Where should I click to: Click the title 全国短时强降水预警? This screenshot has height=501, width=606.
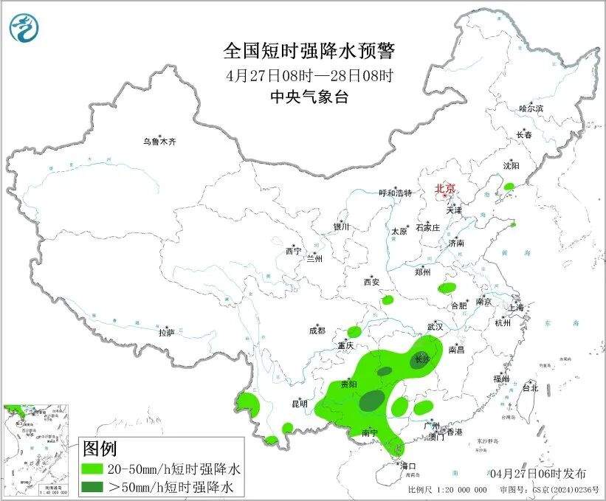click(309, 51)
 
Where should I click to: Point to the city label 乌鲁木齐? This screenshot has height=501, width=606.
click(160, 141)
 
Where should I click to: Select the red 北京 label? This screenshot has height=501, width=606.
click(445, 188)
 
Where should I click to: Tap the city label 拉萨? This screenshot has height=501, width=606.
click(166, 333)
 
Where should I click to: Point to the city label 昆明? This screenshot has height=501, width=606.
click(299, 404)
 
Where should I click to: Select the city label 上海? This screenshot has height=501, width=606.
click(517, 308)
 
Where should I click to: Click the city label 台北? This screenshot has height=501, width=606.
click(530, 387)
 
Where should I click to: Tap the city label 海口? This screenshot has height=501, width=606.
click(408, 466)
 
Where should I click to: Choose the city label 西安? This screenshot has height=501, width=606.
click(371, 282)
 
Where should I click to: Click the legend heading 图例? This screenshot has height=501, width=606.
click(100, 448)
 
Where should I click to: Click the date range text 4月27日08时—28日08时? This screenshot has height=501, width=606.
click(309, 75)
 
